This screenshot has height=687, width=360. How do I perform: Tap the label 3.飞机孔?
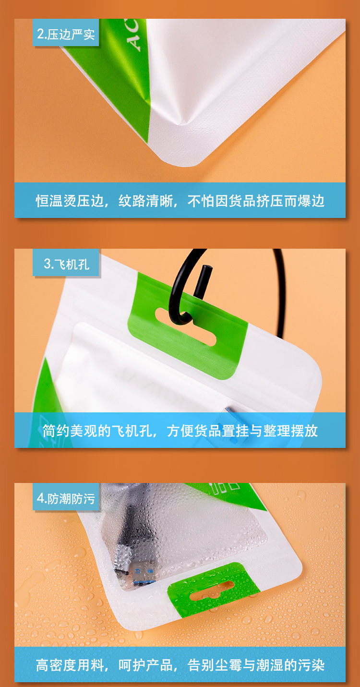[66, 264]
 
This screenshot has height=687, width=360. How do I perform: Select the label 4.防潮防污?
[66, 498]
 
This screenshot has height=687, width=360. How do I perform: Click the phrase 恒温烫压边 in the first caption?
[70, 201]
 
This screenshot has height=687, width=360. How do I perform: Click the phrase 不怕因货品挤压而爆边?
[256, 201]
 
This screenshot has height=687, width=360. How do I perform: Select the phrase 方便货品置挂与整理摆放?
[242, 431]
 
